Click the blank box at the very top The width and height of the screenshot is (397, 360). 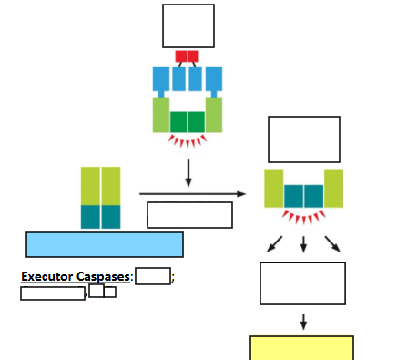coord(188,26)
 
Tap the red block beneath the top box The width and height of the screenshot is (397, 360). coord(187,57)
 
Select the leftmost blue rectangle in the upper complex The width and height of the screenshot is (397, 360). coord(161,79)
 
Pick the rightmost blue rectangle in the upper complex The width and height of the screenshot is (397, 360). coord(214,79)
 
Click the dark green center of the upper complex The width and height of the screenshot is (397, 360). coord(188,122)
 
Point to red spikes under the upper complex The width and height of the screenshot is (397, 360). coord(188,141)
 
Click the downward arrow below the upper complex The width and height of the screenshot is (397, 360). coord(188,172)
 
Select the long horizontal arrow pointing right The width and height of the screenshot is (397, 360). coord(192,193)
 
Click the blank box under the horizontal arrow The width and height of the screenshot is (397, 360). coord(189,215)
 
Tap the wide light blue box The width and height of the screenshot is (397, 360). coord(105,244)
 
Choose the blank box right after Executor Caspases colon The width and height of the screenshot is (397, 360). coord(153,276)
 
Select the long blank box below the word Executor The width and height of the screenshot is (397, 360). coord(53,293)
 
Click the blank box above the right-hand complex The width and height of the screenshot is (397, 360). coord(303,139)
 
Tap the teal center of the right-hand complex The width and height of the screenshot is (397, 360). coord(303,196)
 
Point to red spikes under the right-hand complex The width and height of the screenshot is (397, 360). coord(303,217)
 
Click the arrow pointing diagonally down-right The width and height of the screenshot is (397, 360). coord(332,243)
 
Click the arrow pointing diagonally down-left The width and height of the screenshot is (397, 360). coord(274,243)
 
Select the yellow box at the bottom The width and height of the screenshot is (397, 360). coord(301,348)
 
